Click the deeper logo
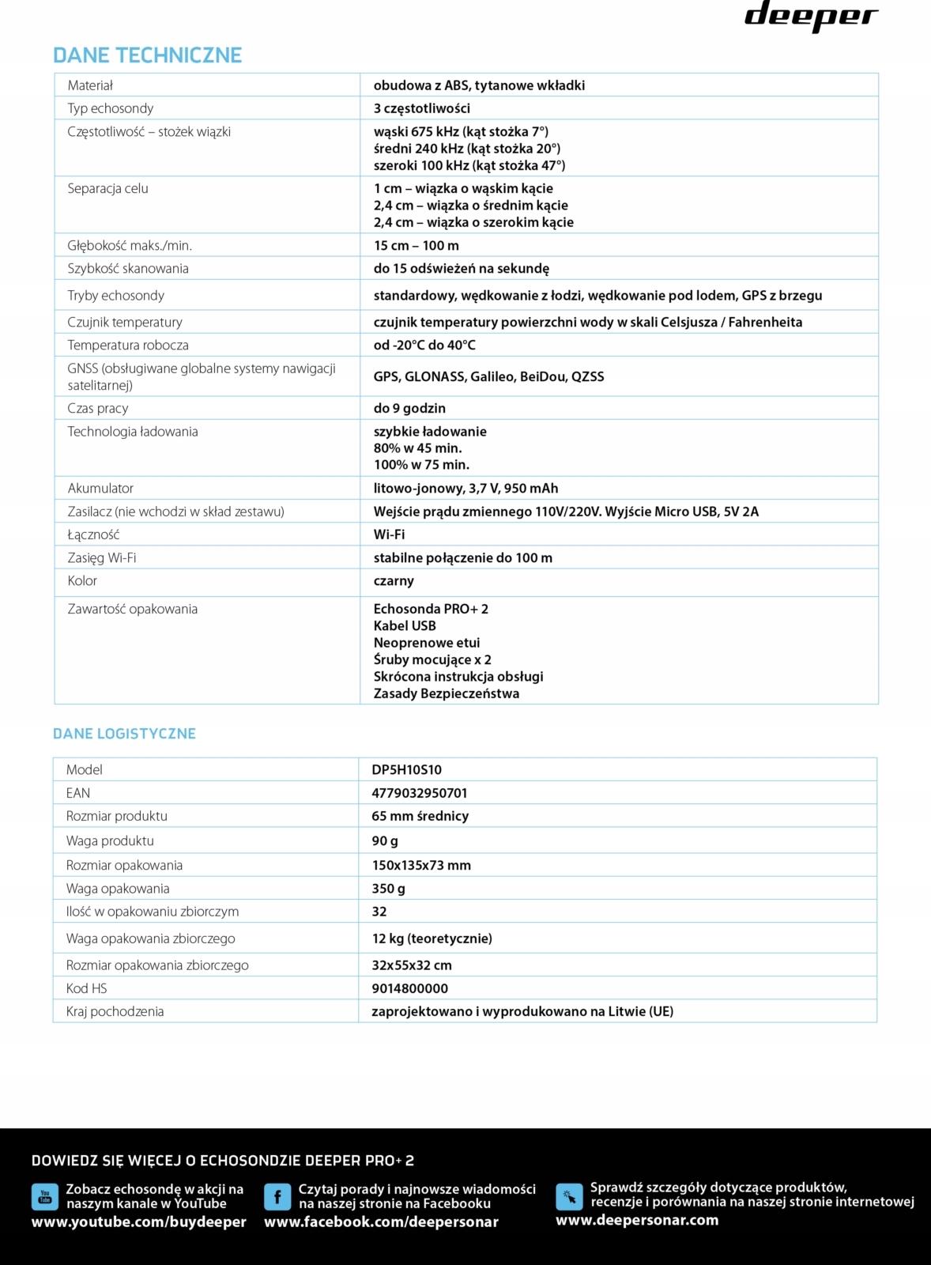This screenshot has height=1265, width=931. click(811, 17)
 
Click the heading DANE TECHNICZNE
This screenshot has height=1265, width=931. click(147, 55)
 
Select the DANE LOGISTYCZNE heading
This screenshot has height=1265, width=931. click(124, 734)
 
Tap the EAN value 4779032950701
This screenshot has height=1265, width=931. click(419, 793)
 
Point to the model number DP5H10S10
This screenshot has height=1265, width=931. click(406, 770)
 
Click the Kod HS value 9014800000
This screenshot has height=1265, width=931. click(409, 988)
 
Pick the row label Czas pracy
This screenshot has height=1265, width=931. click(98, 409)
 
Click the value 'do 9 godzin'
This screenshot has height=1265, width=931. click(409, 409)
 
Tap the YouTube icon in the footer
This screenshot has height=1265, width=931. click(45, 1197)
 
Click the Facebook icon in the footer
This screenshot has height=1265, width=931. click(277, 1197)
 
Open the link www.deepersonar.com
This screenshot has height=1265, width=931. click(637, 1220)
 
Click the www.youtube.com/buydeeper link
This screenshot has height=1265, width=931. click(139, 1222)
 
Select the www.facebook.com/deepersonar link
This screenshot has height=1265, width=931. click(381, 1222)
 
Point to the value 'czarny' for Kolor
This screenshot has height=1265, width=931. click(394, 581)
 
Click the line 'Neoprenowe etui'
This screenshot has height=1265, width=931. click(427, 643)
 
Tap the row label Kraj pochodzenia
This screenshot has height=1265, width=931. click(115, 1012)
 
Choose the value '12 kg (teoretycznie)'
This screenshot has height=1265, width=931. click(432, 938)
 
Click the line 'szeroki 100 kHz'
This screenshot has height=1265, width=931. click(469, 165)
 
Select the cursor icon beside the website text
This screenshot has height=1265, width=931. click(569, 1197)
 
